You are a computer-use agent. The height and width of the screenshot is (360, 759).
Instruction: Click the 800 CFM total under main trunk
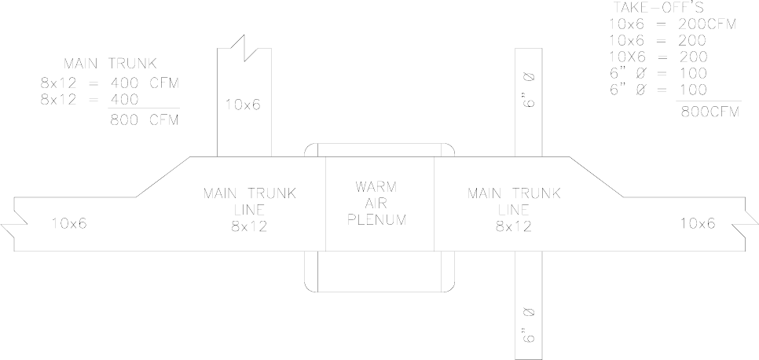point(144,119)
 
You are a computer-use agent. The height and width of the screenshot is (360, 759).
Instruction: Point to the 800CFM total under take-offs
point(709,111)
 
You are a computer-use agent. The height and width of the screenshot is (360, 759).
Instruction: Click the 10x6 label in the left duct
point(69,222)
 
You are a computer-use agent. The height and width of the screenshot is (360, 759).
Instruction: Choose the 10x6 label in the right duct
point(698,222)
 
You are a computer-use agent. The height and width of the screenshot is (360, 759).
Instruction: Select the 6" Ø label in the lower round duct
point(529,323)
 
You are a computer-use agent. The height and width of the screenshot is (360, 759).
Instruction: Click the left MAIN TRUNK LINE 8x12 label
point(250,209)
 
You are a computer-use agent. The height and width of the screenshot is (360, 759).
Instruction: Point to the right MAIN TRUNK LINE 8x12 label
point(514,209)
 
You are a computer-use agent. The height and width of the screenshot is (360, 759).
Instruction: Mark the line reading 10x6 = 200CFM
point(673,24)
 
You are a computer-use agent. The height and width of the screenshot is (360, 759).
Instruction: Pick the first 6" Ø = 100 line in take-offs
point(658,72)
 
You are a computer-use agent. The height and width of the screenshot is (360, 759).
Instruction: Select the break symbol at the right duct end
point(746,223)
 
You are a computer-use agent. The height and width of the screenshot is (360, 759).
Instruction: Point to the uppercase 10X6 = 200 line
point(658,57)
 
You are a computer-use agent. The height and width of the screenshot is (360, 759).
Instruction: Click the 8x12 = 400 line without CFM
point(90,99)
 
